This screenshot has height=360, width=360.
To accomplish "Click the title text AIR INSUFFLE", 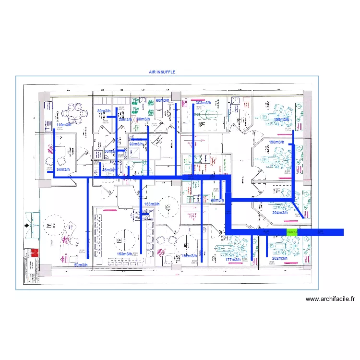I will [x=162, y=72].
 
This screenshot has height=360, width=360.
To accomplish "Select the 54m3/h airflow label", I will [x=63, y=170].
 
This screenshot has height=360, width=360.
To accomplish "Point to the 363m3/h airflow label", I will [x=204, y=103].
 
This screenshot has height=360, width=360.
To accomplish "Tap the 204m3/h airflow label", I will [x=279, y=213].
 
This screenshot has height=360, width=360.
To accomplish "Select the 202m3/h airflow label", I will [x=279, y=259].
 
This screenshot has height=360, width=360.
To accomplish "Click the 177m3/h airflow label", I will [x=233, y=260].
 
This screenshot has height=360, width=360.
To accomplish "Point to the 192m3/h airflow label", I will [x=189, y=256].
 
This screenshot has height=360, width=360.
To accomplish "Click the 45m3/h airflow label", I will [x=109, y=170].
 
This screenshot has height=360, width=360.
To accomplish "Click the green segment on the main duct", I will [x=292, y=232].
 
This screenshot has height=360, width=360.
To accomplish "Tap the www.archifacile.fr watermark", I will [x=331, y=299].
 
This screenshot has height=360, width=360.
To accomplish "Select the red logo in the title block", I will [x=34, y=253].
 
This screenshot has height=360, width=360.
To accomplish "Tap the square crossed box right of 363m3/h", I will [x=235, y=101].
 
